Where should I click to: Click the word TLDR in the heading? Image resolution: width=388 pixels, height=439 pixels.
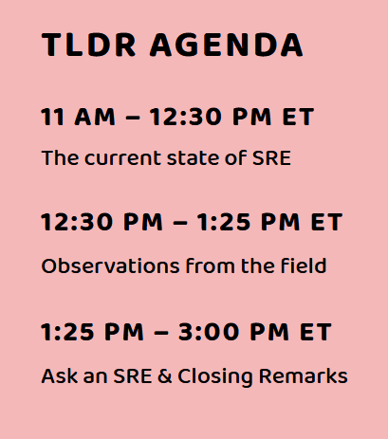(x=89, y=45)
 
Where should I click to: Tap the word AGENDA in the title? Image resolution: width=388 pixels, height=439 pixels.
(x=227, y=45)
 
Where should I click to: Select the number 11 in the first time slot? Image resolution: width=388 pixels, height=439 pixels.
(x=53, y=117)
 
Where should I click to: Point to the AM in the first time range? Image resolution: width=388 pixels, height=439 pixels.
(x=95, y=117)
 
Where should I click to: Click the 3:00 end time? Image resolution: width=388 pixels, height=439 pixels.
(x=209, y=332)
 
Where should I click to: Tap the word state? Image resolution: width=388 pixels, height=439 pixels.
(x=193, y=158)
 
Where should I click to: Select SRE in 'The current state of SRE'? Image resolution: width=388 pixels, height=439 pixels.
(x=271, y=158)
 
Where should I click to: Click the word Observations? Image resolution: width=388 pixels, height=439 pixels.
(x=110, y=265)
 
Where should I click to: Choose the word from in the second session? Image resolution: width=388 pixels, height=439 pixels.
(x=211, y=265)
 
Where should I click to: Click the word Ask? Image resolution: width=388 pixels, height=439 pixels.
(x=60, y=375)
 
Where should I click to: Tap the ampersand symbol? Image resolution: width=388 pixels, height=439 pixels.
(x=165, y=375)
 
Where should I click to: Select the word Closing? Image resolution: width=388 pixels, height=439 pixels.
(x=215, y=377)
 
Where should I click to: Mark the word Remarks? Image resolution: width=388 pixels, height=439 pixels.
(x=304, y=375)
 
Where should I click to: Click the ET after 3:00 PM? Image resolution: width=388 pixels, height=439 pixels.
(x=316, y=332)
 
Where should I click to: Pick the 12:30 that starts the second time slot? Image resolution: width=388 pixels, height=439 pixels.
(x=77, y=222)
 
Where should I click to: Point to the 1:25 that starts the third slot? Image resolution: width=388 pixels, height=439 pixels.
(x=68, y=332)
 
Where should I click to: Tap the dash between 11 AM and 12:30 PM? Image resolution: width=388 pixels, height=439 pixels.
(x=133, y=118)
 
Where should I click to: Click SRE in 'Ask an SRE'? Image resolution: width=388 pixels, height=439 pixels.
(x=133, y=375)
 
